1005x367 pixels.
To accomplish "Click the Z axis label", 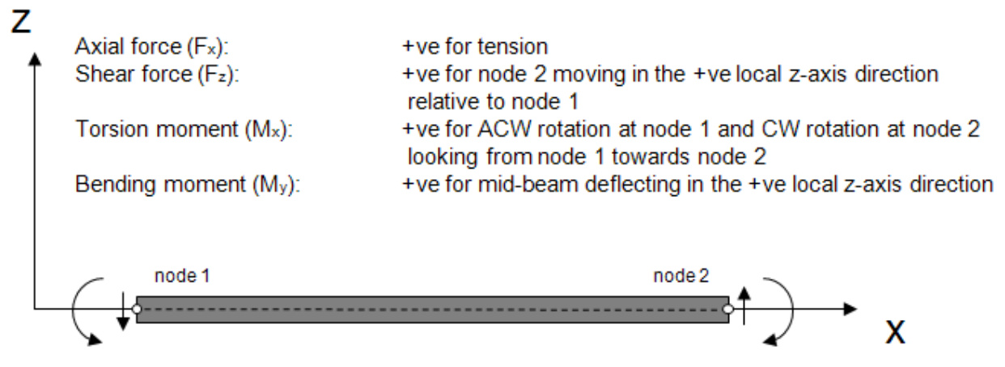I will pos(23,21).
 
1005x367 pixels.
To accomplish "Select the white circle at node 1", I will pos(136,309).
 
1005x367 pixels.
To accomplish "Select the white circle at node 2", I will pos(728,309).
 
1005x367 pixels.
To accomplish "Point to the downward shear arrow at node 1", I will pos(121,317).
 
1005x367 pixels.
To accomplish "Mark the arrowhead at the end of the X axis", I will pos(849,309).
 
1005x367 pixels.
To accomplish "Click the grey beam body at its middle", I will pos(432,309).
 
